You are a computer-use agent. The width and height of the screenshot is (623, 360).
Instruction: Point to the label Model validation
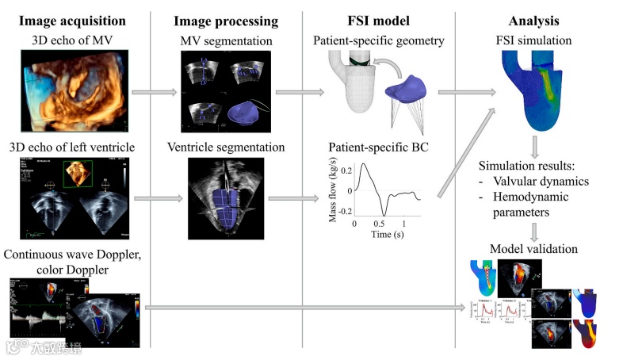click(536, 249)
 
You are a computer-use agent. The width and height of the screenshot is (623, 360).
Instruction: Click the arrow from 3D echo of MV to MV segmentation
click(151, 93)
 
